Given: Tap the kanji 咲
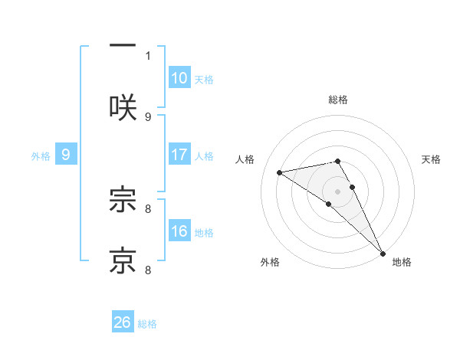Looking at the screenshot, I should (x=123, y=107).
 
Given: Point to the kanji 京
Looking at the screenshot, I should (x=123, y=260).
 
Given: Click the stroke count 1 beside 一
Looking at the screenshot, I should (x=148, y=55).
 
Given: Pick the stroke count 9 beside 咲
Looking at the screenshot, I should (x=148, y=116).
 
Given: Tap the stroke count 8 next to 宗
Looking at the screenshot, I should (x=148, y=208).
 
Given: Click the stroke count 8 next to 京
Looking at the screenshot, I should (x=148, y=270).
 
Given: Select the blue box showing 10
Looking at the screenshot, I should (x=179, y=78).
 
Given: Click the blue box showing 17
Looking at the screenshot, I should (x=179, y=155).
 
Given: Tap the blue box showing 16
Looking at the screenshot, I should (x=179, y=231).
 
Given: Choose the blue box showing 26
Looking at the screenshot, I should (x=123, y=322).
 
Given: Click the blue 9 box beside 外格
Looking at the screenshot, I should (x=66, y=155).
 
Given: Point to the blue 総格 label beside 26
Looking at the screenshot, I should (x=147, y=324).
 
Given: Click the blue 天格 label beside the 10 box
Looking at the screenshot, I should (x=204, y=80).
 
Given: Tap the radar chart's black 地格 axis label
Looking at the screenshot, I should (x=402, y=263).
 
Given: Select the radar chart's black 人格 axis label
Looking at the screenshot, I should (x=245, y=159).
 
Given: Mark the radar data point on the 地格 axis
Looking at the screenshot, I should (x=382, y=252).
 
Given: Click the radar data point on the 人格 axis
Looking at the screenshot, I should (x=279, y=172).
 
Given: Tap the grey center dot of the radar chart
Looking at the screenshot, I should (x=338, y=191).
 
